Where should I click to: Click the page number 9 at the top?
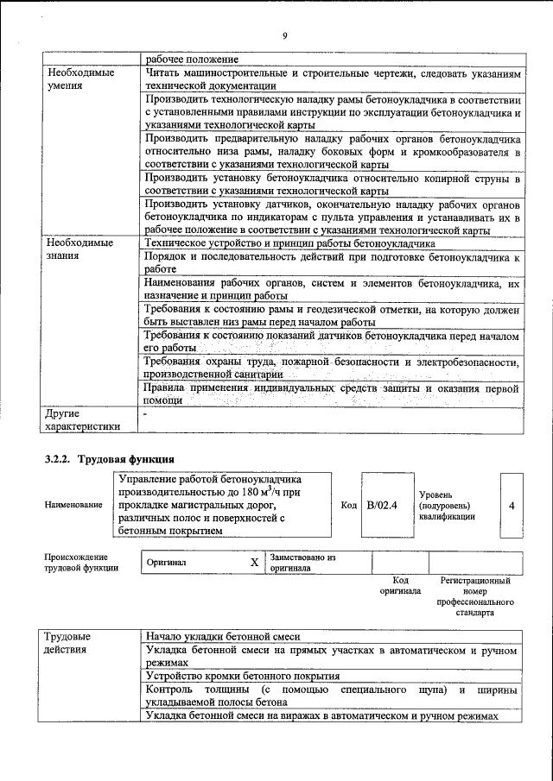pyautogui.click(x=283, y=35)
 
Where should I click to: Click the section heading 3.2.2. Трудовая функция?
pyautogui.click(x=110, y=459)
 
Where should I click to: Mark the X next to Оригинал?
pyautogui.click(x=254, y=563)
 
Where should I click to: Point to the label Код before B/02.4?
pyautogui.click(x=349, y=505)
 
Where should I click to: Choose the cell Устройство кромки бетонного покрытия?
pyautogui.click(x=243, y=676)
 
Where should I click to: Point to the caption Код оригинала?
pyautogui.click(x=399, y=586)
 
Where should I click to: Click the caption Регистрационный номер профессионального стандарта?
pyautogui.click(x=474, y=596)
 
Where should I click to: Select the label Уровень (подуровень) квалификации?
pyautogui.click(x=446, y=505)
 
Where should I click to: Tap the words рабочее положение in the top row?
pyautogui.click(x=192, y=59)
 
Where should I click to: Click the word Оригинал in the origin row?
pyautogui.click(x=167, y=563)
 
